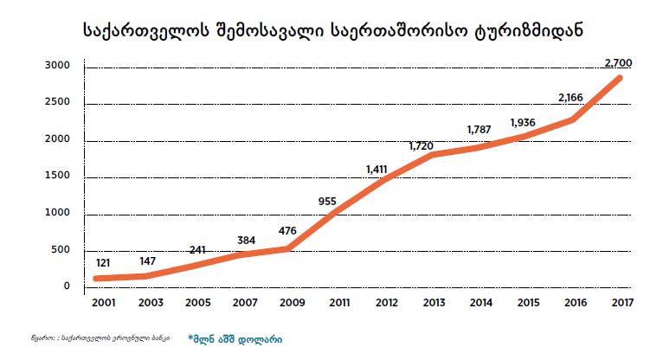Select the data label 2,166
click(572, 97)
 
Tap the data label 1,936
click(525, 122)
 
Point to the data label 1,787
click(479, 130)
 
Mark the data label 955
click(327, 202)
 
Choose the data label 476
click(289, 231)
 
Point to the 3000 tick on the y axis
click(58, 66)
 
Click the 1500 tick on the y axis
click(58, 177)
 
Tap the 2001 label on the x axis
click(104, 302)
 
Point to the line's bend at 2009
click(289, 248)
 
